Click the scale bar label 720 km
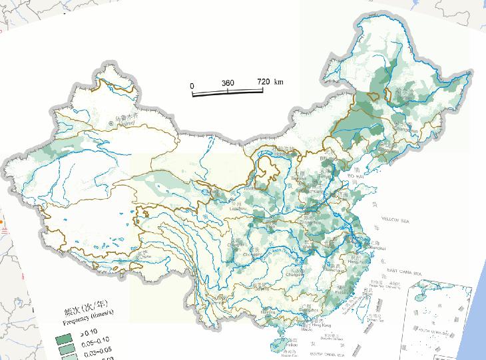(x=270, y=82)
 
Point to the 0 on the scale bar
(x=192, y=85)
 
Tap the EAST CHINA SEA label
(x=405, y=273)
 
